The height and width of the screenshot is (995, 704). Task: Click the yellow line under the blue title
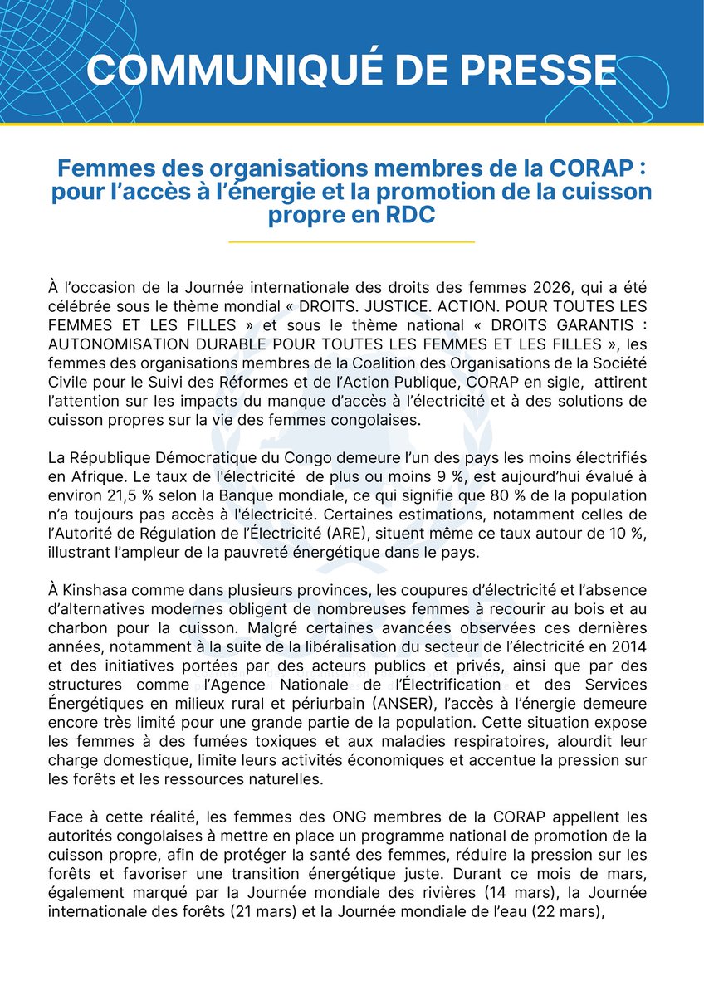point(351,242)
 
